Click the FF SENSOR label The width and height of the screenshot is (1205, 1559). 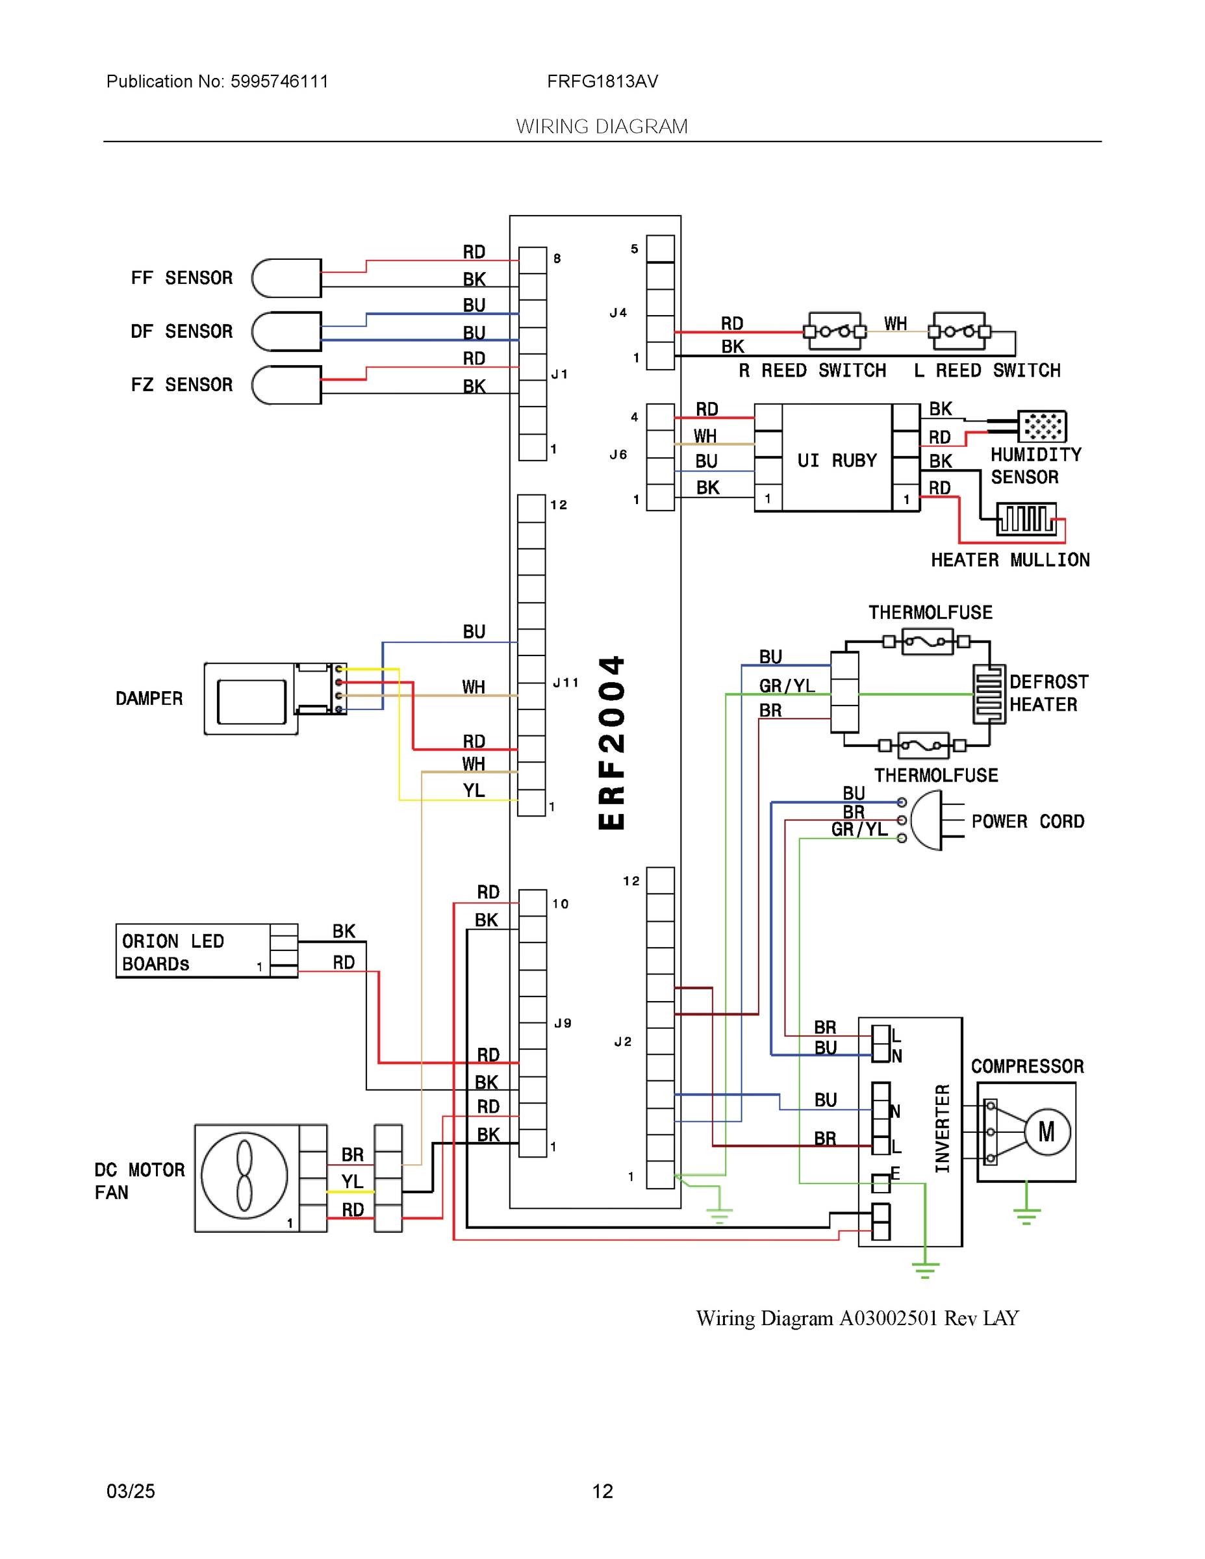pyautogui.click(x=181, y=277)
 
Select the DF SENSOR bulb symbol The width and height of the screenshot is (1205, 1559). pyautogui.click(x=286, y=331)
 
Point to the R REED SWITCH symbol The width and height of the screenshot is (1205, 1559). pyautogui.click(x=835, y=331)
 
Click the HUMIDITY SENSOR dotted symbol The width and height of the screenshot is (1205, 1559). pyautogui.click(x=1041, y=426)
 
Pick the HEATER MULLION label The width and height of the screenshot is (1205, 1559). pyautogui.click(x=1009, y=560)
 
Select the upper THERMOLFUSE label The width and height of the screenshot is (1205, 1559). pyautogui.click(x=930, y=613)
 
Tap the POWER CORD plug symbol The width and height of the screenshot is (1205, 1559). pyautogui.click(x=928, y=821)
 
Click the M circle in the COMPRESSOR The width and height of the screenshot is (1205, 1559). pyautogui.click(x=1046, y=1132)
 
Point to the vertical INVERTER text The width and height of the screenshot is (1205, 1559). pyautogui.click(x=943, y=1128)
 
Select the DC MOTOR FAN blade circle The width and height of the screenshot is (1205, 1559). pyautogui.click(x=244, y=1176)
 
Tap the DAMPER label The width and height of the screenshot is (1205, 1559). pyautogui.click(x=149, y=698)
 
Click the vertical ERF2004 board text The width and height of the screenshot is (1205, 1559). pyautogui.click(x=612, y=742)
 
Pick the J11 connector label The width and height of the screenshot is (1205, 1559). pyautogui.click(x=565, y=683)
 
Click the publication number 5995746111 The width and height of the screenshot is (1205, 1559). pyautogui.click(x=279, y=81)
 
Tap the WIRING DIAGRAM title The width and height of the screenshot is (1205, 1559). pyautogui.click(x=602, y=127)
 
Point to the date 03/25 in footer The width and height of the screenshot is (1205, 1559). pyautogui.click(x=131, y=1491)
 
